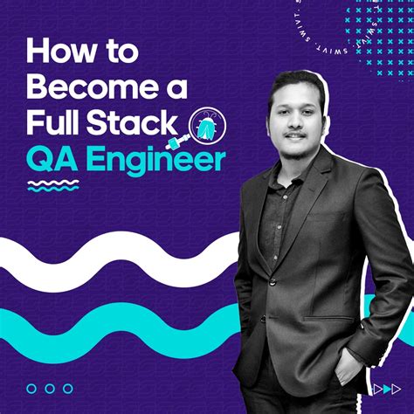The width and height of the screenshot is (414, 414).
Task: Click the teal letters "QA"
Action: pos(52,160)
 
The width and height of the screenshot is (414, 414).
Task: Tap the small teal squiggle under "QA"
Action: pos(53,184)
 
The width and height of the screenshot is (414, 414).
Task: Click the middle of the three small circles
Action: pos(50,388)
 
